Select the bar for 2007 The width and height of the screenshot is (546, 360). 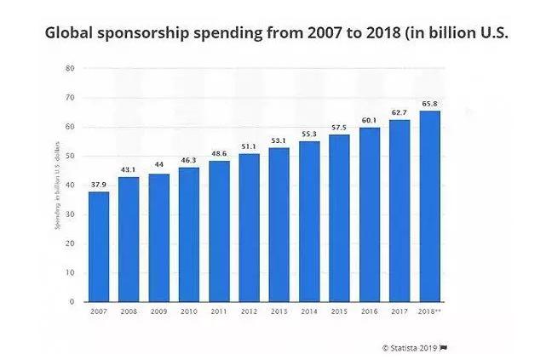(98, 247)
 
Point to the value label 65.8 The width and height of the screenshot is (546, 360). (430, 105)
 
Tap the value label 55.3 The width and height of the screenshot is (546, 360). (309, 134)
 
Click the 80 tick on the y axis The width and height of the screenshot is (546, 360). (70, 68)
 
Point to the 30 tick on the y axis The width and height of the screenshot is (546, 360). (70, 214)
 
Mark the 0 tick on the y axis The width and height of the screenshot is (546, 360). (72, 301)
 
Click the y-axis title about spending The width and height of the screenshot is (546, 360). (55, 185)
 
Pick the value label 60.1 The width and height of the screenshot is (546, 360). (370, 121)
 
